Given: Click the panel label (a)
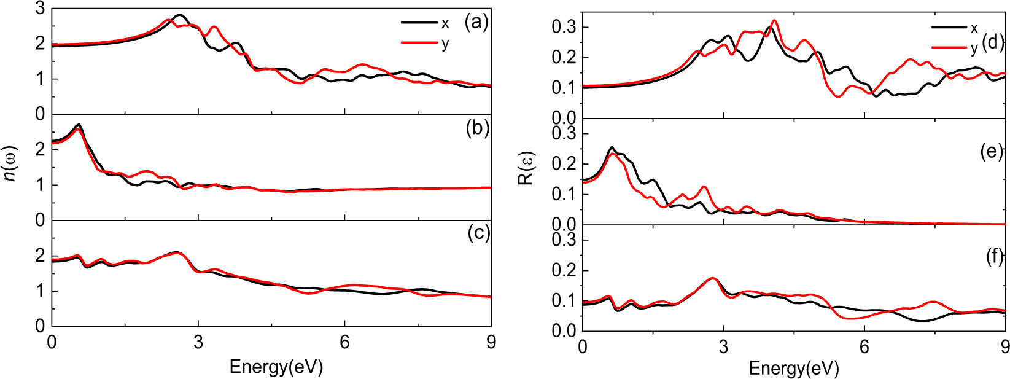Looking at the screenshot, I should point(476,23).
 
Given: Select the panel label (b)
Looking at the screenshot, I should point(477,128).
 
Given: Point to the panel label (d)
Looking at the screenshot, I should point(993,42).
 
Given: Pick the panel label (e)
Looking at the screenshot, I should point(992,152).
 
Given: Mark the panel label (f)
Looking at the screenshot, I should point(993,257).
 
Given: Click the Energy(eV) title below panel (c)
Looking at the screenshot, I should point(276,367).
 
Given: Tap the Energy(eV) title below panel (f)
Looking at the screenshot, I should point(793,369).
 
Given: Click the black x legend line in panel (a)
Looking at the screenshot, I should point(419,23).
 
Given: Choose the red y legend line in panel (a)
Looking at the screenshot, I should point(419,43).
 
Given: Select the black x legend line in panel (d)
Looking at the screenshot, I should point(949,28).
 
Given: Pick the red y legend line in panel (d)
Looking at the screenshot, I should point(949,47).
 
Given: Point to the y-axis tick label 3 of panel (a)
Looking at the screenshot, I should point(40,9).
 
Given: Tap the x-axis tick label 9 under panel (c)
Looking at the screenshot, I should point(491,342).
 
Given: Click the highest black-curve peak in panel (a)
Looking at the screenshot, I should point(179,15).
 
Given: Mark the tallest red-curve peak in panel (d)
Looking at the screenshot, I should point(774,20).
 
